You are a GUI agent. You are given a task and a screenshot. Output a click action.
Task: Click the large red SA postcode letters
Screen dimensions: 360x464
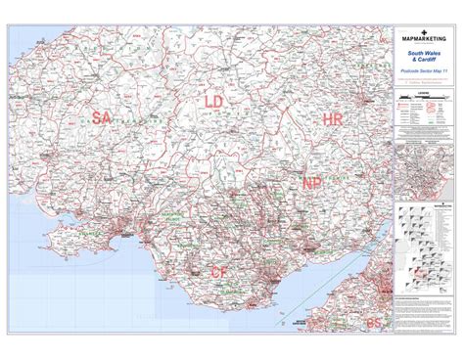click(102, 117)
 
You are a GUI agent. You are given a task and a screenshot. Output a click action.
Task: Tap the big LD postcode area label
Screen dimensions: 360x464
click(214, 101)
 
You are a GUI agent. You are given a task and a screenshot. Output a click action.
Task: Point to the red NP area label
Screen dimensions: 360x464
click(311, 183)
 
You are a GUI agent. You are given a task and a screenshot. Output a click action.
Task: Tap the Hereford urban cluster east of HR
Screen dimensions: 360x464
click(367, 100)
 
